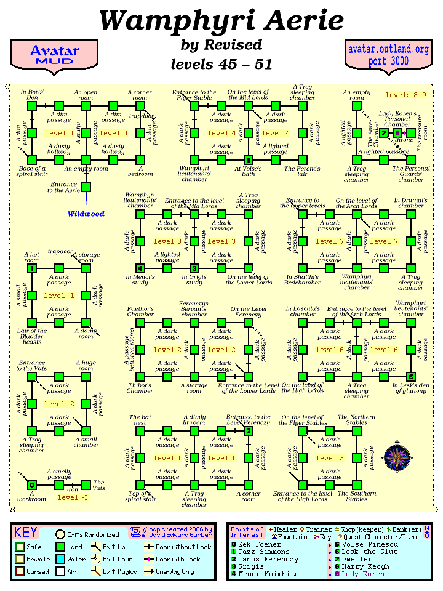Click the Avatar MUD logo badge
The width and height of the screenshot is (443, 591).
(54, 55)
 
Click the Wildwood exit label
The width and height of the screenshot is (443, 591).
(86, 214)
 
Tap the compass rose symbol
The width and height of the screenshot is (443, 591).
(396, 456)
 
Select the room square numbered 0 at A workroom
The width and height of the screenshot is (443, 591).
(32, 485)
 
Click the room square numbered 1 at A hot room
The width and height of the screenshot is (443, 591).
(32, 268)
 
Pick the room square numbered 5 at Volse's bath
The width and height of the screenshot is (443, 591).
(248, 160)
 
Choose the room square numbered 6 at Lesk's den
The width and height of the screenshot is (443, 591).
(411, 377)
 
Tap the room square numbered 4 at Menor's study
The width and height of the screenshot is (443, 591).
(140, 268)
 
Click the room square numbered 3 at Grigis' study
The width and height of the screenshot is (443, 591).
(194, 268)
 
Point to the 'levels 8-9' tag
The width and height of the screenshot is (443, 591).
(405, 95)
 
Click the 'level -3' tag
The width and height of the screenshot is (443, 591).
(72, 497)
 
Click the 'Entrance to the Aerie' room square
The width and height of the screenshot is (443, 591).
(86, 187)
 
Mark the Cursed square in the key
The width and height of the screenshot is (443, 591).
(20, 572)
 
